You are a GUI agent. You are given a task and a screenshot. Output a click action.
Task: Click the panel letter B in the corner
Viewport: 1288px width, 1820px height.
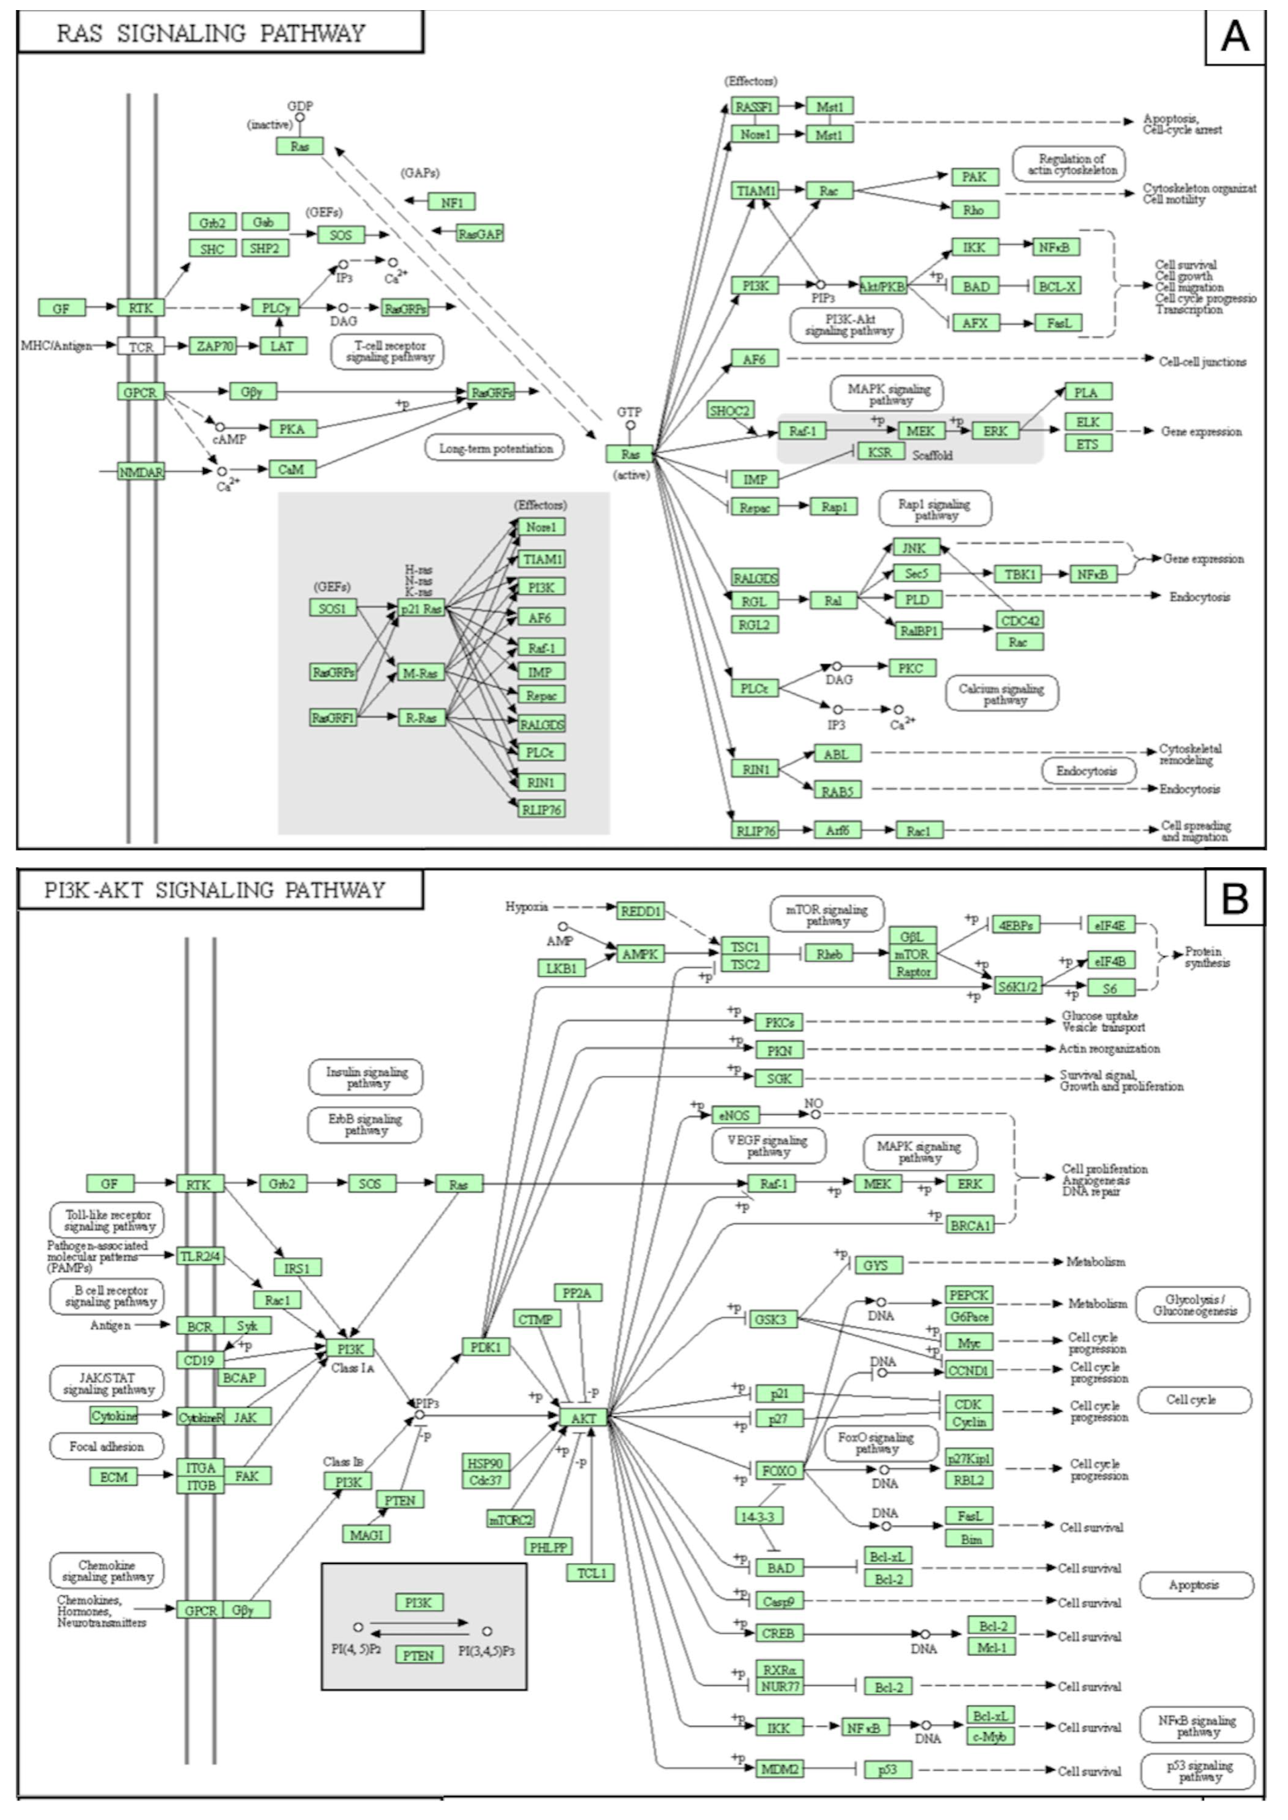(1235, 897)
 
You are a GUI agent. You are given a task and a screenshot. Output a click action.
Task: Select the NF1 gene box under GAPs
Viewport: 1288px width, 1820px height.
(452, 202)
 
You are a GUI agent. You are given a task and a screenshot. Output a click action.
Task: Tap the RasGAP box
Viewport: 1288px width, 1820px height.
(480, 234)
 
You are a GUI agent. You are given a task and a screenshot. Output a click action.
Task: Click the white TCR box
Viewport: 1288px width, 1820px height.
(140, 347)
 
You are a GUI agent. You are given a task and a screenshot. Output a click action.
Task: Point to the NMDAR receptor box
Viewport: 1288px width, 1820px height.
(140, 472)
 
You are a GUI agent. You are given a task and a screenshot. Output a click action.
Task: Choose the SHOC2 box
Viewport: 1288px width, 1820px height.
(730, 410)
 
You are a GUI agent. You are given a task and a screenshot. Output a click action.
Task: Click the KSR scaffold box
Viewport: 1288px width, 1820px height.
(880, 451)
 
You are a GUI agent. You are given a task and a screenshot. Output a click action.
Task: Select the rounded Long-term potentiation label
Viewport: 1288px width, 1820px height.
(495, 449)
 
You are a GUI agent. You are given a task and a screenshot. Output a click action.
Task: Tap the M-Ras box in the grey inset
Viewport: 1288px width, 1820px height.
(421, 673)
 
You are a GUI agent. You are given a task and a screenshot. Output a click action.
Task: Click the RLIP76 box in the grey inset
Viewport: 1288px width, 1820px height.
(542, 810)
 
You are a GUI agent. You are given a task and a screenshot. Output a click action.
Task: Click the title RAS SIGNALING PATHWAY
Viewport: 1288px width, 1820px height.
(211, 34)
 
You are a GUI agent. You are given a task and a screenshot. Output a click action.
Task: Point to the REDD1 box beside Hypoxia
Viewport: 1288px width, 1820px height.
(640, 911)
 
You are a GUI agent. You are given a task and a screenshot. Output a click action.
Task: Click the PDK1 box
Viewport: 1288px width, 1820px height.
(485, 1346)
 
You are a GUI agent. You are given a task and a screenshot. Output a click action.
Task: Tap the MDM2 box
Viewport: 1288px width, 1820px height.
(779, 1768)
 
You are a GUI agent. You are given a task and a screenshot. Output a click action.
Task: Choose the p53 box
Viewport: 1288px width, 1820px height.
(888, 1769)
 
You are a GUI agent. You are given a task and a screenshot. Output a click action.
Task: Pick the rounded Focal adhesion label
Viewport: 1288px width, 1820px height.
(106, 1446)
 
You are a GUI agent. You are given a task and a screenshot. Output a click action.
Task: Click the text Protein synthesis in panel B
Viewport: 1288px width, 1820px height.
(1207, 957)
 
